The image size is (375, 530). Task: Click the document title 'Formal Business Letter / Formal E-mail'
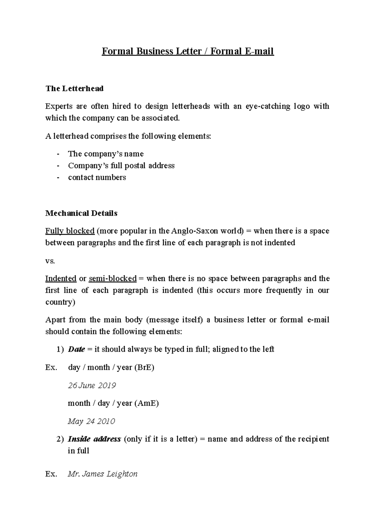pos(187,51)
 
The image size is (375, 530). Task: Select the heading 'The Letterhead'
pos(74,89)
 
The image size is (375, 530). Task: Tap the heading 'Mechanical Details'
pos(81,213)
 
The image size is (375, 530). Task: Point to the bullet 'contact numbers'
pos(97,178)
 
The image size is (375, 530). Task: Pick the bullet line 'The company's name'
pos(106,154)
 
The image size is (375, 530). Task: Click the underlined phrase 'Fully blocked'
pos(70,231)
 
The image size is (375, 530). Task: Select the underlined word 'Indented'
pos(61,278)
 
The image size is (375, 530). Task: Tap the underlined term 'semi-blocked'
pos(112,278)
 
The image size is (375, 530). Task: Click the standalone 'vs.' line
pos(50,261)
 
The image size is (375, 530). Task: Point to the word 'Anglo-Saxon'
pos(191,231)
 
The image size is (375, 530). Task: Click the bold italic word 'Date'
pos(76,349)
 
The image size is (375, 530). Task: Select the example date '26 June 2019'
pos(92,385)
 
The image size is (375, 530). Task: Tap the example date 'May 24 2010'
pos(91,421)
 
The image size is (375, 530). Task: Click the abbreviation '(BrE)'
pos(144,367)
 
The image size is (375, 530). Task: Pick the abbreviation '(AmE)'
pos(147,403)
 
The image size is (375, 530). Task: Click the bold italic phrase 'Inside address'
pos(94,439)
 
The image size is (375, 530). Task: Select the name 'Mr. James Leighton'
pos(102,474)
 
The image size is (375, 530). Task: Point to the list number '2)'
pos(60,439)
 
